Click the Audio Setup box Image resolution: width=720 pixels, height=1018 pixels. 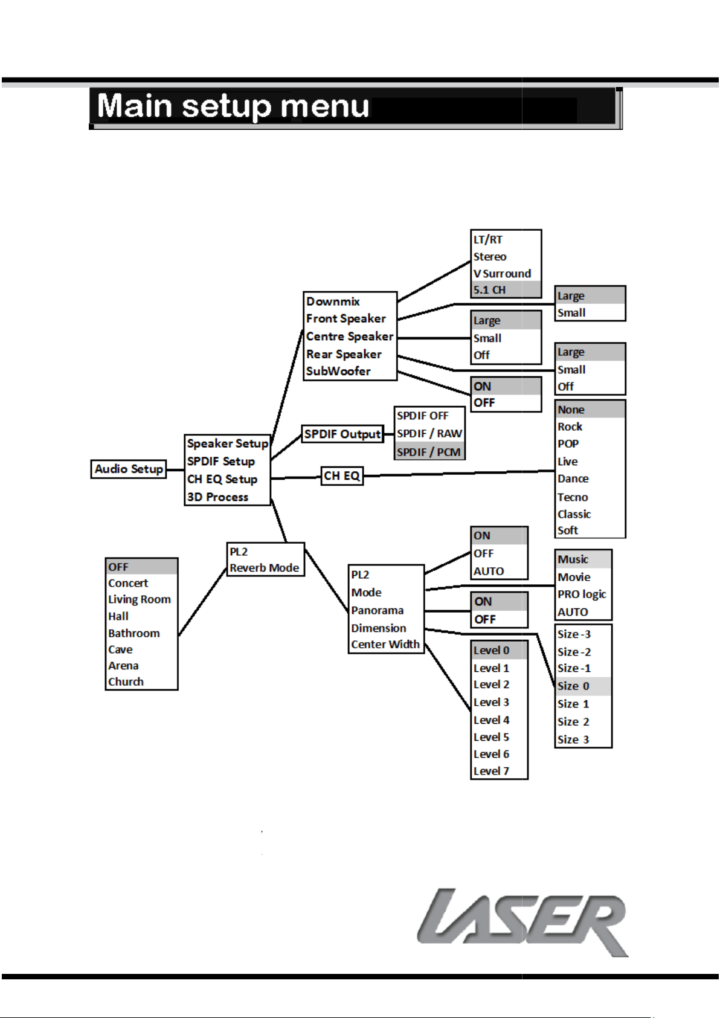[x=129, y=469]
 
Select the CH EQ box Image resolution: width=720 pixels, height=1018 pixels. [x=342, y=476]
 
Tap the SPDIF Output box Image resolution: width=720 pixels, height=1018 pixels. [x=342, y=434]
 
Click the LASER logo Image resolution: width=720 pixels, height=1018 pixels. [x=522, y=922]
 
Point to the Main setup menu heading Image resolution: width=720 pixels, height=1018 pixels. [x=233, y=106]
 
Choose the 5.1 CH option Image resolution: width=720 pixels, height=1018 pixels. [x=489, y=289]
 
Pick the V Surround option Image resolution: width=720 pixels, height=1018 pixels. [x=502, y=273]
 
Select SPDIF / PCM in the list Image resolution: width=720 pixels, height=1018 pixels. [x=429, y=452]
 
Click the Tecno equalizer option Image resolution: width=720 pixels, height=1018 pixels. [x=573, y=497]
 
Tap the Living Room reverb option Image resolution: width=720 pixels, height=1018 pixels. [x=140, y=599]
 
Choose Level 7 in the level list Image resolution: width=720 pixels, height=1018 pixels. [x=491, y=772]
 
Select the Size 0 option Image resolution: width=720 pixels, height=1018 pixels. [x=573, y=686]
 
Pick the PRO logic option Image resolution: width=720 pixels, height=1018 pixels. [x=582, y=594]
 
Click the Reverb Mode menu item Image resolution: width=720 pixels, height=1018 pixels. [x=265, y=568]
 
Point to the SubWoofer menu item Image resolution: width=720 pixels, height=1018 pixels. [x=338, y=371]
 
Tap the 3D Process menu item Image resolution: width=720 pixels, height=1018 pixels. [x=217, y=497]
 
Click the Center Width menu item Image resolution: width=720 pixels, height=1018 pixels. [x=385, y=644]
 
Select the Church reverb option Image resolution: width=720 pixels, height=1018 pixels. [x=126, y=681]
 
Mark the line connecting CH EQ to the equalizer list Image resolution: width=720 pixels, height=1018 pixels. [x=459, y=473]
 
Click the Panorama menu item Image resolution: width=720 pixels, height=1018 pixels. [x=377, y=610]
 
